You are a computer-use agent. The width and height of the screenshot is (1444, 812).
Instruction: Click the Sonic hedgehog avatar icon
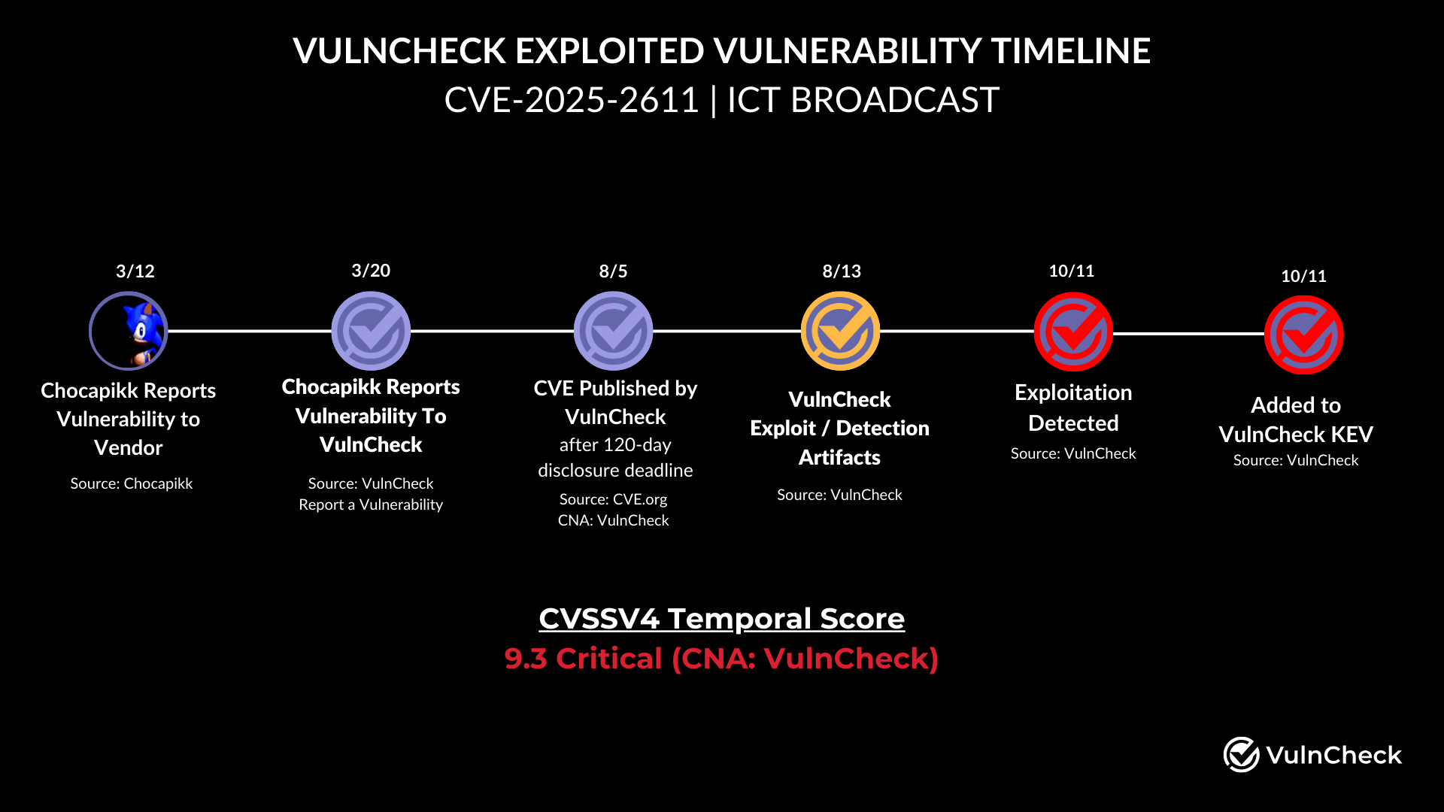tap(129, 331)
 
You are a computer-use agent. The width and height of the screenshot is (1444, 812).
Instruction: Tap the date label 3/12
tap(135, 271)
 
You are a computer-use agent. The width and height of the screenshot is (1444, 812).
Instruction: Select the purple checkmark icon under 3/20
tap(371, 331)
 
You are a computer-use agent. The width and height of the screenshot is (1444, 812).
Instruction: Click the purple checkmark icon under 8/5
tap(613, 331)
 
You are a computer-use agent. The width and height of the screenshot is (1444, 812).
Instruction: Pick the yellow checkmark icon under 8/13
tap(840, 331)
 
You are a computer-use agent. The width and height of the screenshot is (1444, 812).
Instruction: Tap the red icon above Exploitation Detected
tap(1073, 332)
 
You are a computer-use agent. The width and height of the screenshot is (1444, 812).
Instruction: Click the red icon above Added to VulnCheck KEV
tap(1303, 335)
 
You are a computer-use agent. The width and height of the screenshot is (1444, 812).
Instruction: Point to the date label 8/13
tap(842, 271)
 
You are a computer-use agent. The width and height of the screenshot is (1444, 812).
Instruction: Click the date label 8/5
tap(613, 271)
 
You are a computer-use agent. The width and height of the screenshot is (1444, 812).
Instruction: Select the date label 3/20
tap(371, 271)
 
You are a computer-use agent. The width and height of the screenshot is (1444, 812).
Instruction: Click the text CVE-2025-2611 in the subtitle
tap(572, 100)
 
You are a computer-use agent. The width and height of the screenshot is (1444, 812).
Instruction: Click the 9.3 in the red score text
tap(525, 659)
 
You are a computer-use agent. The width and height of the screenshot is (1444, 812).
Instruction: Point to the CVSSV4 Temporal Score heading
tap(721, 619)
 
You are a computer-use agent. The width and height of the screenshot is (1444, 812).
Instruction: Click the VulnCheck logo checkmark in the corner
tap(1241, 754)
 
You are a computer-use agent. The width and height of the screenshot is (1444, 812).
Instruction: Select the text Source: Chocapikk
tap(132, 483)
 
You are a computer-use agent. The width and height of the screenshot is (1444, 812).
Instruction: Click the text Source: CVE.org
tap(613, 499)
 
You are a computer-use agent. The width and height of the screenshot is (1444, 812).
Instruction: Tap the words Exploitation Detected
tap(1073, 408)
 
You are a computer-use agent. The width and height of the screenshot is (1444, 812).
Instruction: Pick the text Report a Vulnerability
tap(371, 504)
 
